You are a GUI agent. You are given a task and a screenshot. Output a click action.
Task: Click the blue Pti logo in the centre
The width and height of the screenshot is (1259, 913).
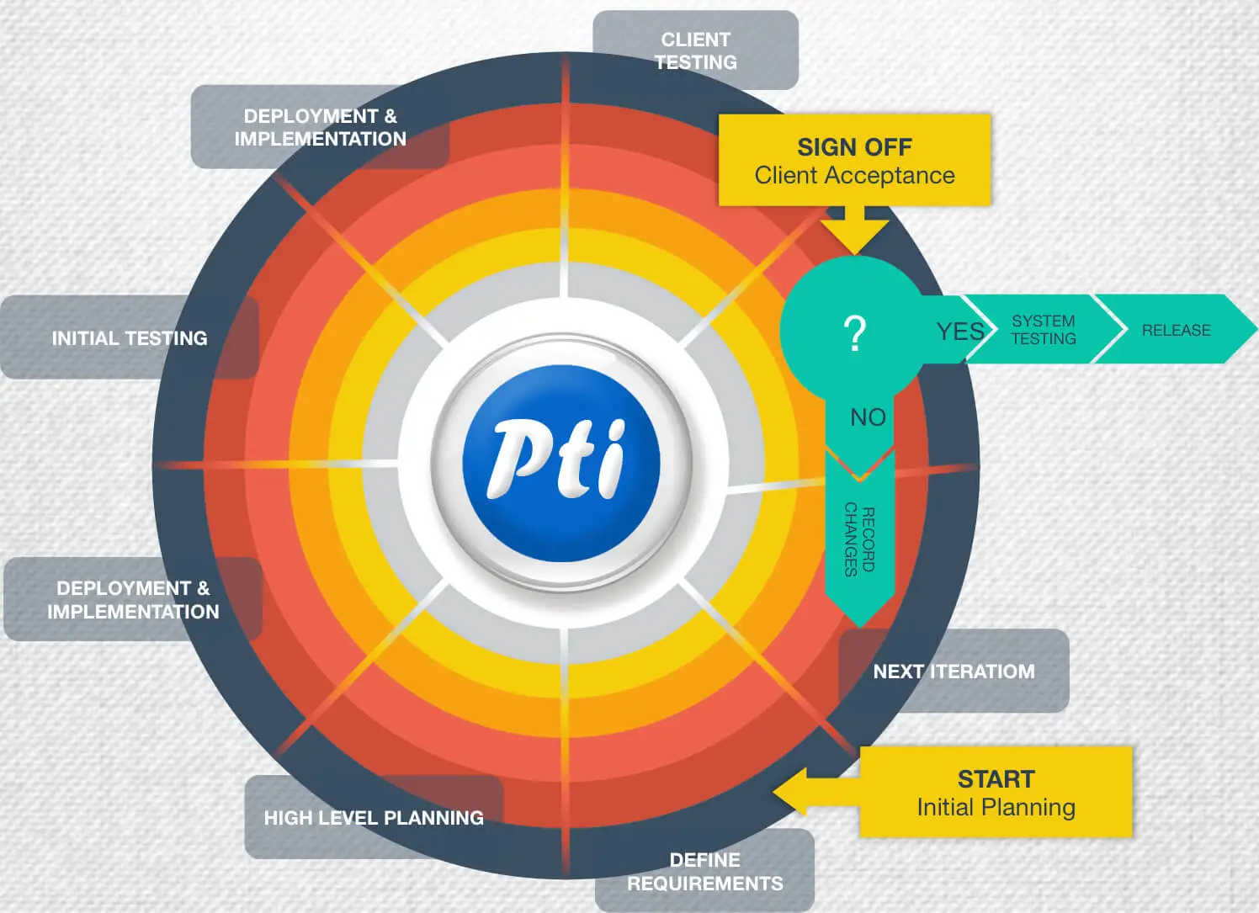560,463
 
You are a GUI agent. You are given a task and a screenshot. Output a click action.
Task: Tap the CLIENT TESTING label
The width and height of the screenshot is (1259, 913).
695,50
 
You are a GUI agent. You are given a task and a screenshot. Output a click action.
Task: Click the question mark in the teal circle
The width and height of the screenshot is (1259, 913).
854,333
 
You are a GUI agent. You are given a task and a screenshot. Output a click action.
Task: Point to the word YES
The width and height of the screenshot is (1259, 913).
959,332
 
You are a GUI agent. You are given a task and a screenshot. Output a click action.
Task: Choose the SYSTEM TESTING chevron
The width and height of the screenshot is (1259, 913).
1044,330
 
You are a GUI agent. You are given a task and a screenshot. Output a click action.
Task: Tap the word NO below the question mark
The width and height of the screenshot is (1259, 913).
868,417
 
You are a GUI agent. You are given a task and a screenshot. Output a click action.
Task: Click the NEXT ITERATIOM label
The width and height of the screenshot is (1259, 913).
954,671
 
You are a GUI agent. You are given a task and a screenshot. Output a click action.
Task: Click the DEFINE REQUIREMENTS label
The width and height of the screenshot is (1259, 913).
705,872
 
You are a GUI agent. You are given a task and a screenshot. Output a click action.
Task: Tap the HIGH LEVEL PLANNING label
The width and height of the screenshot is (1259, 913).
374,818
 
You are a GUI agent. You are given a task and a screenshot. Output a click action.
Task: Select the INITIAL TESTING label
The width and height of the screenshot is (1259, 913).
130,338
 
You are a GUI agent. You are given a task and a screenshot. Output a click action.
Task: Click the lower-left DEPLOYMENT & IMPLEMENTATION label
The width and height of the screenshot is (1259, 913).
133,600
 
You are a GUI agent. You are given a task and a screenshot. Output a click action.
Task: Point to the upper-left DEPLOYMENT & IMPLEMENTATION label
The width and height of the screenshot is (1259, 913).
320,127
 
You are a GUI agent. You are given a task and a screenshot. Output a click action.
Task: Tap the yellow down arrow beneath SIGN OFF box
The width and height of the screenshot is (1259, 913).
854,231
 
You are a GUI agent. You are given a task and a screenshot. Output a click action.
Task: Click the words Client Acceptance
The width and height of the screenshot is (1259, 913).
854,176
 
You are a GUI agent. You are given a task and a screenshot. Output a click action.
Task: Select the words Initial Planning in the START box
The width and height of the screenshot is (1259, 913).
996,808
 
